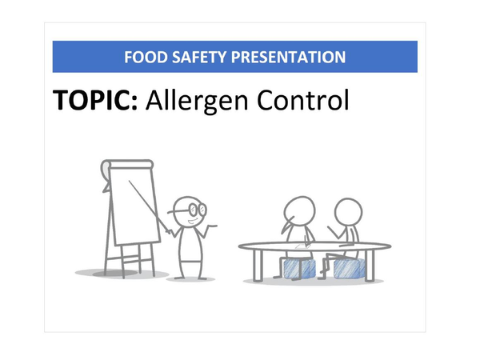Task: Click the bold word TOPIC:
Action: pyautogui.click(x=95, y=102)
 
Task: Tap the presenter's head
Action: pyautogui.click(x=190, y=210)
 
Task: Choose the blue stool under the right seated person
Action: pyautogui.click(x=350, y=267)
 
